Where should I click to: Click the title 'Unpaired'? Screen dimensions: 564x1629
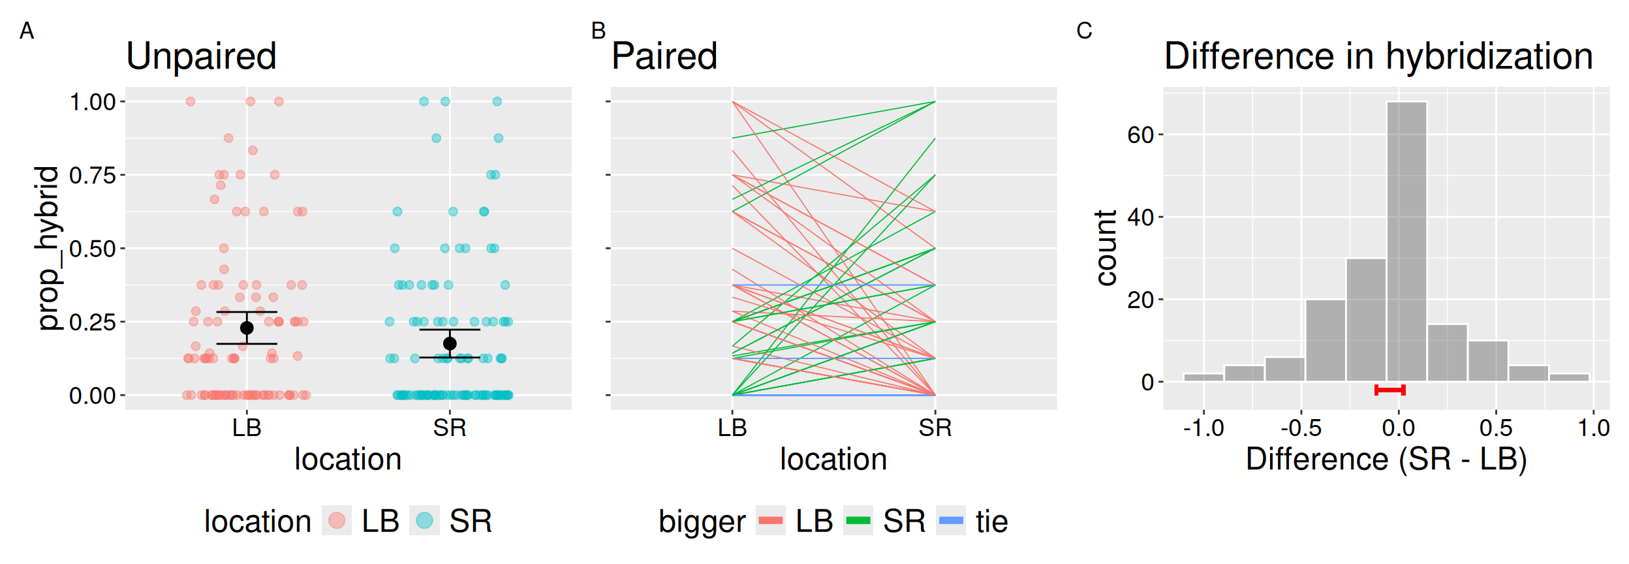201,56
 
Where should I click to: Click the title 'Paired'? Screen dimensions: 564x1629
664,56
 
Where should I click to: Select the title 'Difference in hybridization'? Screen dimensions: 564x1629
1378,56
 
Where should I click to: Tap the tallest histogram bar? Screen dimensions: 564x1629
1406,242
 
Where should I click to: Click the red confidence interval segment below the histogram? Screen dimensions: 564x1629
1389,390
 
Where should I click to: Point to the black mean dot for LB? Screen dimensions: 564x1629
247,328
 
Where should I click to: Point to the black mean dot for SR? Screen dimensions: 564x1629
450,343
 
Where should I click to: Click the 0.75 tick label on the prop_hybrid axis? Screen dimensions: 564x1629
92,175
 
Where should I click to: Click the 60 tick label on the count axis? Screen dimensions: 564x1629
1140,135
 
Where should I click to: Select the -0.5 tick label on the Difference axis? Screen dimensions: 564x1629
1300,428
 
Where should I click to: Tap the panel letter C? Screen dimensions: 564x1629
1084,31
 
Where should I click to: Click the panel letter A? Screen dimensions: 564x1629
27,31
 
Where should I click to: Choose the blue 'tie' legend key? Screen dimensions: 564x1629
950,521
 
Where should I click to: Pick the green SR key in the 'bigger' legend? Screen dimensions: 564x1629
858,521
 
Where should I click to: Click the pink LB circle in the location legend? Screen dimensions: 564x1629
337,521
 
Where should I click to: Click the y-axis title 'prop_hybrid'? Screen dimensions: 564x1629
48,248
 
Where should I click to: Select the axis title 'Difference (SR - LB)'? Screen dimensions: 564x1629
1386,460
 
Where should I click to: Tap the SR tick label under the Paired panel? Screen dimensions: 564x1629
935,428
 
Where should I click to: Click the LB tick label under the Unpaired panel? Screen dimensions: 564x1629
247,428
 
